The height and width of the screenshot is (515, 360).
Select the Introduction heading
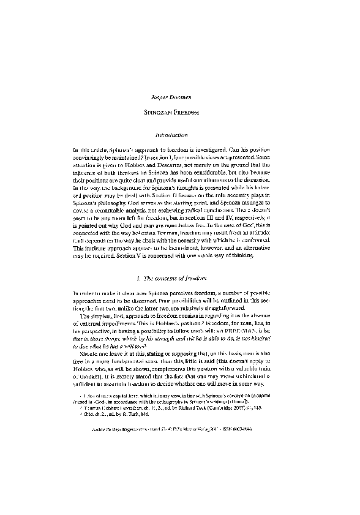click(x=179, y=135)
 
